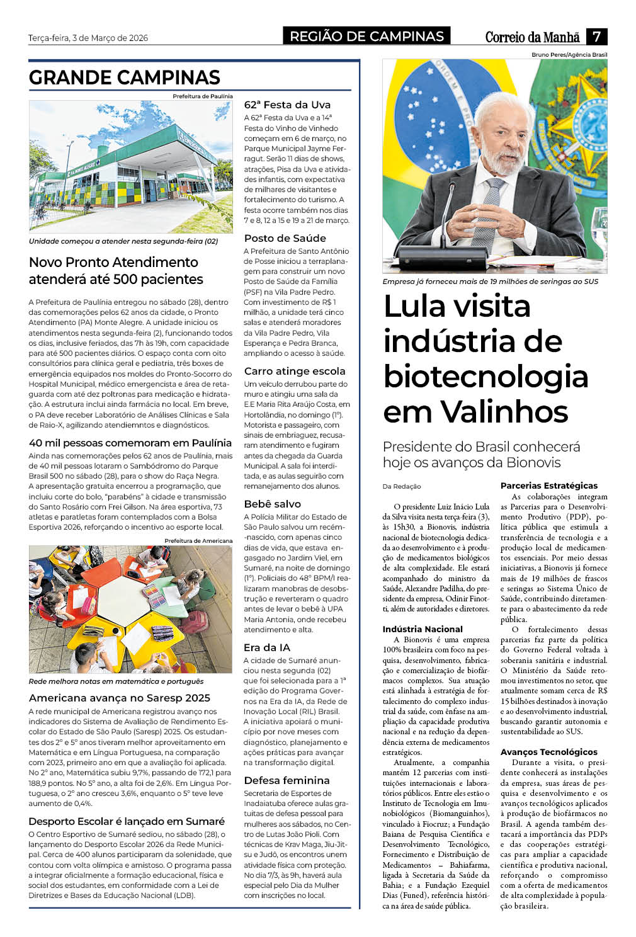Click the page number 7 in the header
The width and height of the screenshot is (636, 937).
tap(596, 37)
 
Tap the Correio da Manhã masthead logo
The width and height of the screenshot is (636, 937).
tap(533, 37)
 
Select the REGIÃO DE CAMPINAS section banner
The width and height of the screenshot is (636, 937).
tap(366, 37)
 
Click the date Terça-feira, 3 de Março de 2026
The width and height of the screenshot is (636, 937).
tap(88, 38)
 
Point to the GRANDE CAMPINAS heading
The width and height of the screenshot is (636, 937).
tap(125, 77)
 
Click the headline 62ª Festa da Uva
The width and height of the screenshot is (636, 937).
tap(287, 105)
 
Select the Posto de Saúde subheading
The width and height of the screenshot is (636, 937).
tap(285, 238)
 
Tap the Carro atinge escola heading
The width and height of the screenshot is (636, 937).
tap(295, 371)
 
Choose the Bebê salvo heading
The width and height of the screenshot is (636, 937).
tap(272, 504)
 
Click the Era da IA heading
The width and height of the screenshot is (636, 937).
tap(267, 647)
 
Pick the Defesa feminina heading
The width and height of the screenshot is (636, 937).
tap(287, 780)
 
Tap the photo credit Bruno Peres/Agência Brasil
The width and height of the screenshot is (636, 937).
tap(569, 55)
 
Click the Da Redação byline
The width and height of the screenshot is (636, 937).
tap(402, 486)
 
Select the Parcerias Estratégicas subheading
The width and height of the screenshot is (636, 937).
tap(549, 486)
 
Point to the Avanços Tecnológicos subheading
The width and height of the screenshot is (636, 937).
tap(549, 752)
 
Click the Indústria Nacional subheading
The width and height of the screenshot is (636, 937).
tap(423, 629)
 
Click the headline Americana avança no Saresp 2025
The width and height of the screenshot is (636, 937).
tap(120, 698)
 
